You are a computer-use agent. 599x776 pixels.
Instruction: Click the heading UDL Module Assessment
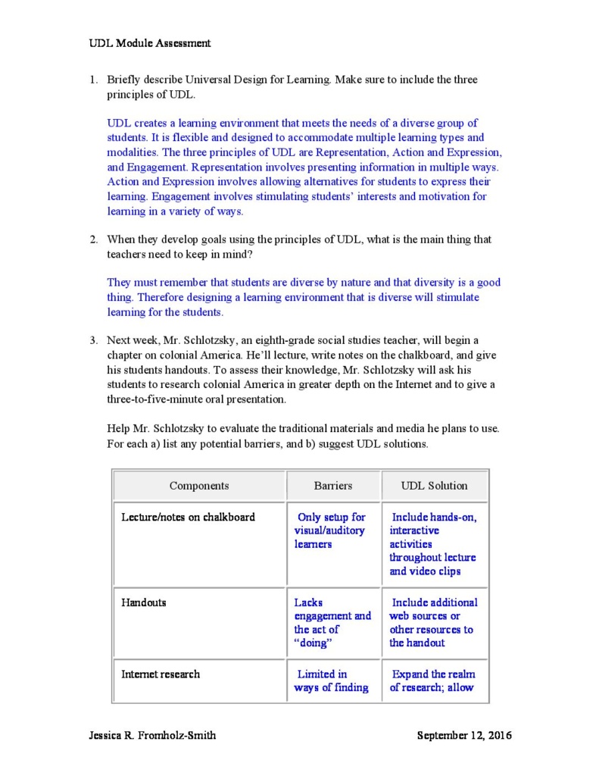(150, 43)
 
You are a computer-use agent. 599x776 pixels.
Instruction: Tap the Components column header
(199, 486)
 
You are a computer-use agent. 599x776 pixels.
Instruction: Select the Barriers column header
(333, 486)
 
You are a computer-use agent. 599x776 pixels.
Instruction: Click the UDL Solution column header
(435, 486)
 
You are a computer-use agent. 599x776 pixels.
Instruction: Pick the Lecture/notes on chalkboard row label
(188, 518)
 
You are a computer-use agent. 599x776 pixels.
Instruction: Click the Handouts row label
(144, 602)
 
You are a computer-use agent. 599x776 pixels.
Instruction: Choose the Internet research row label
(161, 674)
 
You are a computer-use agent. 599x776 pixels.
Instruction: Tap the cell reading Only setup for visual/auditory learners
(330, 530)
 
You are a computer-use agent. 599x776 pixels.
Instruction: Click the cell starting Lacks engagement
(332, 622)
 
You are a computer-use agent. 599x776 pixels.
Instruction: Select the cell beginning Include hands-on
(434, 544)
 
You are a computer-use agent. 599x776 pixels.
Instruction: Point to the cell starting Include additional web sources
(434, 622)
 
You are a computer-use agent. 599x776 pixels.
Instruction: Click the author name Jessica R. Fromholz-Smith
(152, 735)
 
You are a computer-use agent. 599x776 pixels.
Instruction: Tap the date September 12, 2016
(464, 735)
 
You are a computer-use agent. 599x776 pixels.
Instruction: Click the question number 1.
(94, 80)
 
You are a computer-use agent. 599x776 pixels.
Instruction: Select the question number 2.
(94, 239)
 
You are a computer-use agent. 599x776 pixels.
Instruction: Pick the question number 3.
(94, 340)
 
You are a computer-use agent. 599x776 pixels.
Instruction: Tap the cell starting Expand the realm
(434, 681)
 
